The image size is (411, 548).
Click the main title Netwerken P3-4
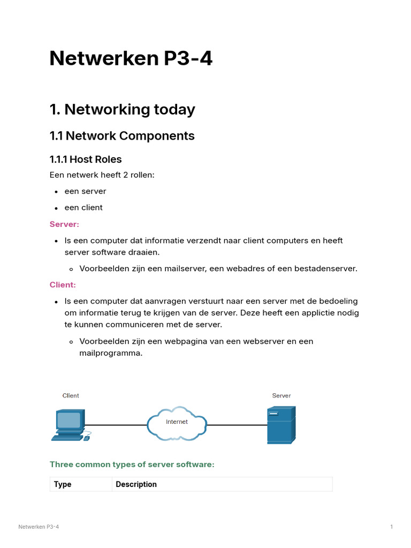[x=131, y=58]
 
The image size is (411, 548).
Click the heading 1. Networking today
[x=122, y=109]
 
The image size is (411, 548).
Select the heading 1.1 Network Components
[x=122, y=136]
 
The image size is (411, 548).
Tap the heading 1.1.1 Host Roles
[x=86, y=159]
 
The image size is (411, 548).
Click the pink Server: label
[x=64, y=224]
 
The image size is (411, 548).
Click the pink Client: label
[x=63, y=285]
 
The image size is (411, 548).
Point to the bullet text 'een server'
[x=85, y=191]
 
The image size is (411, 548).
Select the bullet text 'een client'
[x=83, y=208]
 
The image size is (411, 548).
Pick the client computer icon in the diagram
[x=70, y=425]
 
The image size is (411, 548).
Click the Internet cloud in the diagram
[x=177, y=423]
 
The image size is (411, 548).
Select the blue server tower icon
[x=281, y=425]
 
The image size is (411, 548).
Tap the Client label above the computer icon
[x=71, y=396]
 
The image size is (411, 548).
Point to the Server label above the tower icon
[x=281, y=396]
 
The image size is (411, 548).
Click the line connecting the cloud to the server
[x=237, y=425]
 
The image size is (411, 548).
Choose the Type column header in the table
[x=63, y=484]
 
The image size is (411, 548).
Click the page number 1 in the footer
[x=392, y=527]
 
